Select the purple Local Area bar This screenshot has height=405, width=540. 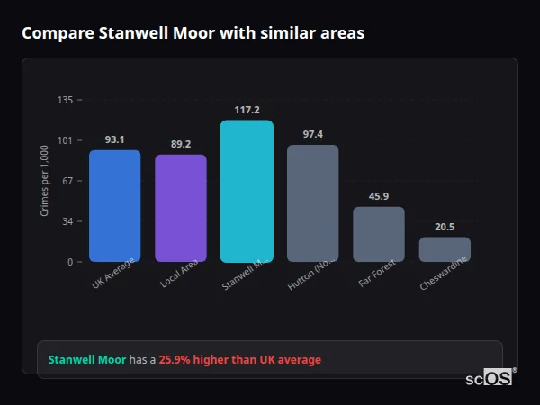pos(181,208)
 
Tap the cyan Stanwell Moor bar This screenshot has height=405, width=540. pos(247,191)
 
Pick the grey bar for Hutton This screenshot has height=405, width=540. pos(312,203)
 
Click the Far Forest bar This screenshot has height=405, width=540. pos(379,234)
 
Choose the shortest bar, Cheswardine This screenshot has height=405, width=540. pos(445,249)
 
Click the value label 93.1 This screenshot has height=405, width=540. pos(114,139)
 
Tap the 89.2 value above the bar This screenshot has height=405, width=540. pos(181,144)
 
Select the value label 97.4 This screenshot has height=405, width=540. pos(312,134)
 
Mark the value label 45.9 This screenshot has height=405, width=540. pos(379,196)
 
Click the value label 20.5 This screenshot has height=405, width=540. pos(445,227)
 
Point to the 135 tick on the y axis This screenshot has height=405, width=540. pos(65,100)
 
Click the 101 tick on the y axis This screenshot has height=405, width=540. pos(65,140)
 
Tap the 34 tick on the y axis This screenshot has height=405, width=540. pos(67,221)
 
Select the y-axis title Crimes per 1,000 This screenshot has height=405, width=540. pos(45,181)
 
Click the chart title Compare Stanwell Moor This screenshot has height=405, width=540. pos(193,33)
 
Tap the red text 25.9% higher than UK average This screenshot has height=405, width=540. pos(239,360)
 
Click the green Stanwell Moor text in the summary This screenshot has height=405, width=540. pos(86,360)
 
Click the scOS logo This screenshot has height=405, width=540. pos(490,378)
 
